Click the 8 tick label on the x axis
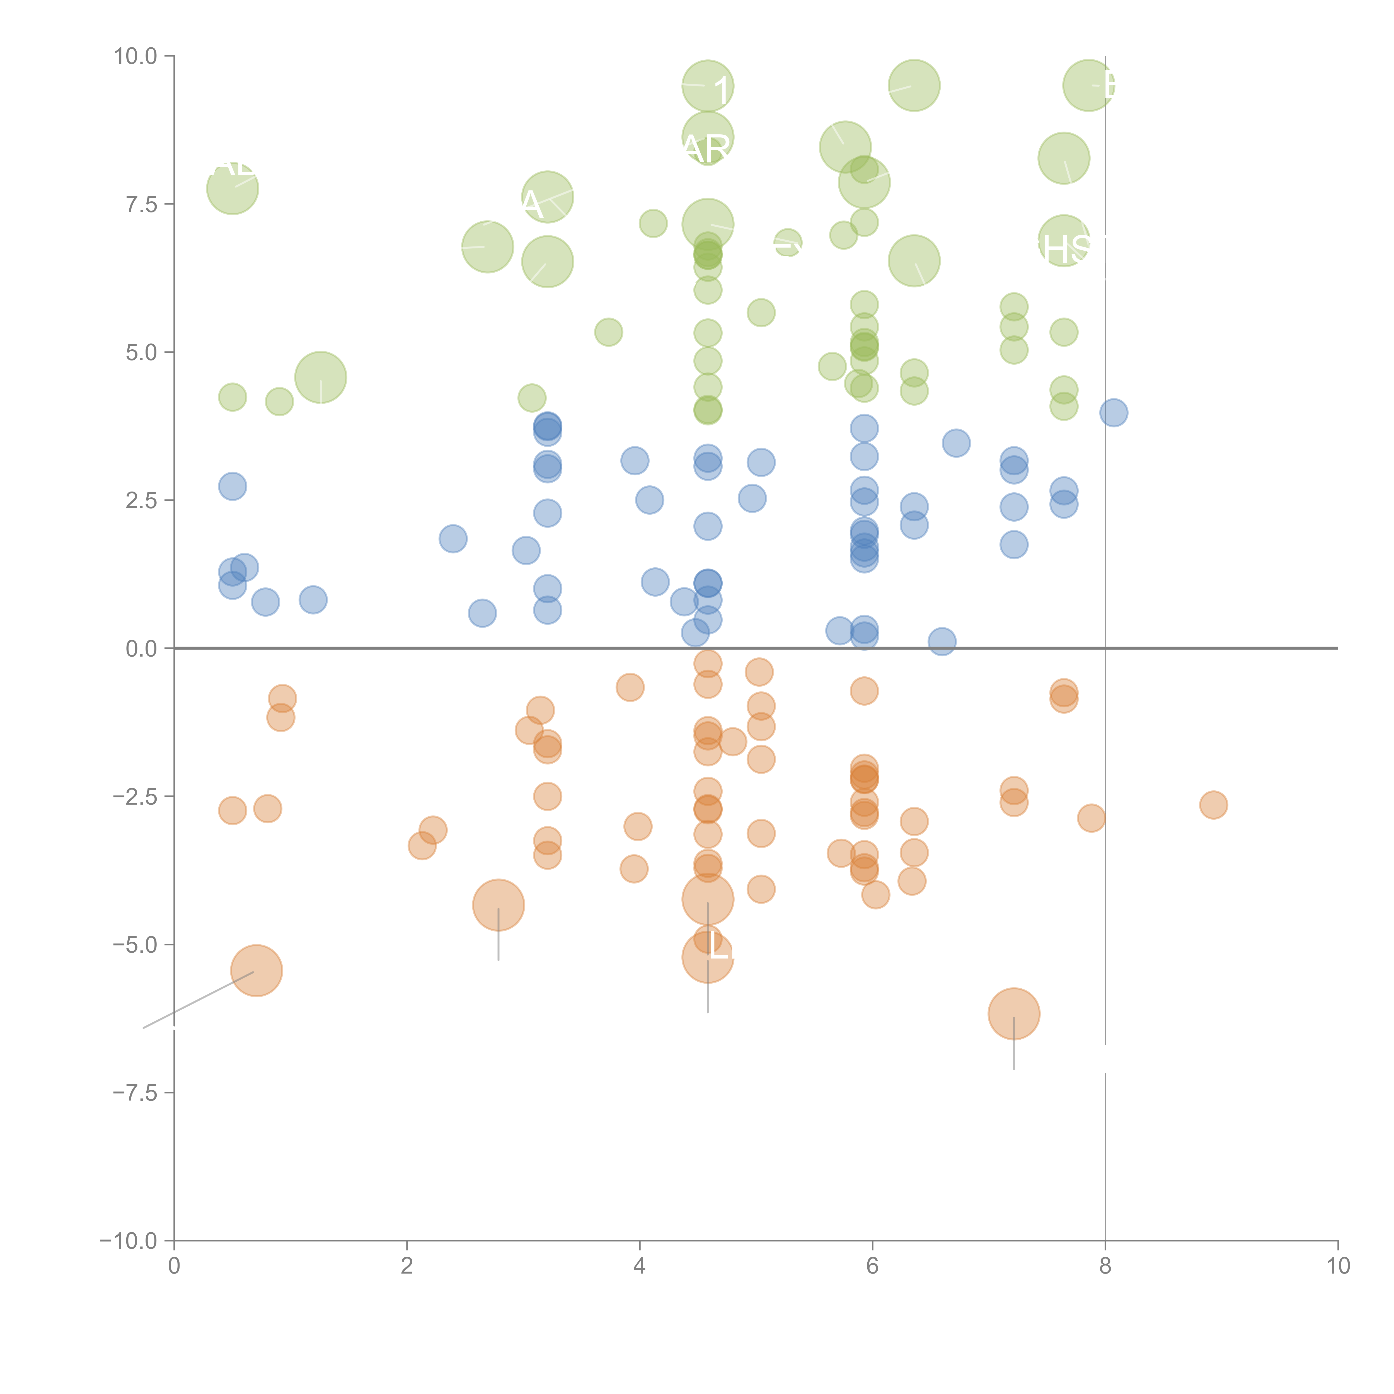pyautogui.click(x=1105, y=1266)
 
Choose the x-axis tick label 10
pyautogui.click(x=1338, y=1266)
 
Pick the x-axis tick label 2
pyautogui.click(x=407, y=1266)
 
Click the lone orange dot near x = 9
pyautogui.click(x=1214, y=805)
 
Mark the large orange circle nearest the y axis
pyautogui.click(x=256, y=971)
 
